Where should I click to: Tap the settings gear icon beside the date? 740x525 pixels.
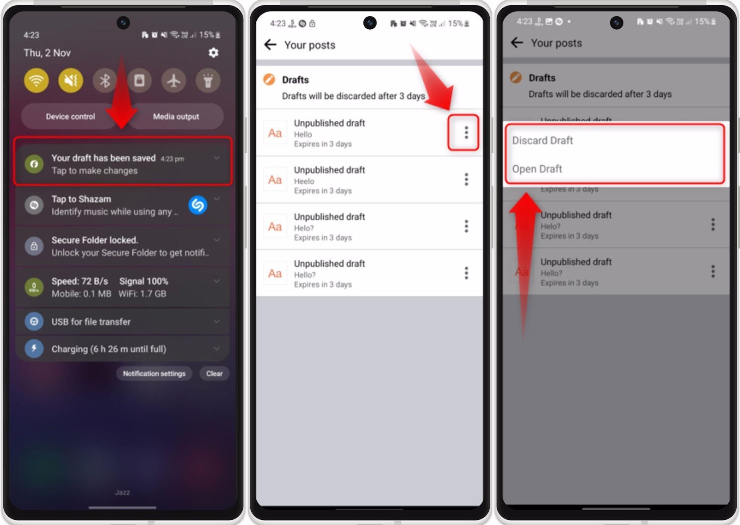pos(213,53)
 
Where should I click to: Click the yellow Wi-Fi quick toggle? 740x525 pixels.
pos(36,81)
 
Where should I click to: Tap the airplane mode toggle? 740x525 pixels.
pos(173,81)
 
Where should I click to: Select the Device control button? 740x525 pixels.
pos(70,117)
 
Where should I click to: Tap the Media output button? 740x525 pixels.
pos(176,117)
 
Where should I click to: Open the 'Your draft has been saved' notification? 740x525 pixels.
pos(123,164)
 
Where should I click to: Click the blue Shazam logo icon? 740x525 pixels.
pos(198,205)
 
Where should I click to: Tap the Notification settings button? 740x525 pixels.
pos(154,374)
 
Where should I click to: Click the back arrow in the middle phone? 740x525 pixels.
pos(270,45)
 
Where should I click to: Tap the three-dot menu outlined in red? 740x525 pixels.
pos(466,133)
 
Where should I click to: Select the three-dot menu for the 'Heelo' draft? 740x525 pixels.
pos(466,180)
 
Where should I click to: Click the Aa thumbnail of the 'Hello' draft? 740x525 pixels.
pos(275,133)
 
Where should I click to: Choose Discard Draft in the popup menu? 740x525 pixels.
pos(543,140)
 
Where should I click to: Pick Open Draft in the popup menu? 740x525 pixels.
pos(537,169)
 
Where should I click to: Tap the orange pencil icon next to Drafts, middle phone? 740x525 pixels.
pos(269,80)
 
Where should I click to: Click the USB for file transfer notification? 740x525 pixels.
pos(123,322)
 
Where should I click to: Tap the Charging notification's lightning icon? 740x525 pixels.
pos(34,349)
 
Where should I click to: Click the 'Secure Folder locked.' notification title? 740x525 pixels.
pos(95,240)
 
